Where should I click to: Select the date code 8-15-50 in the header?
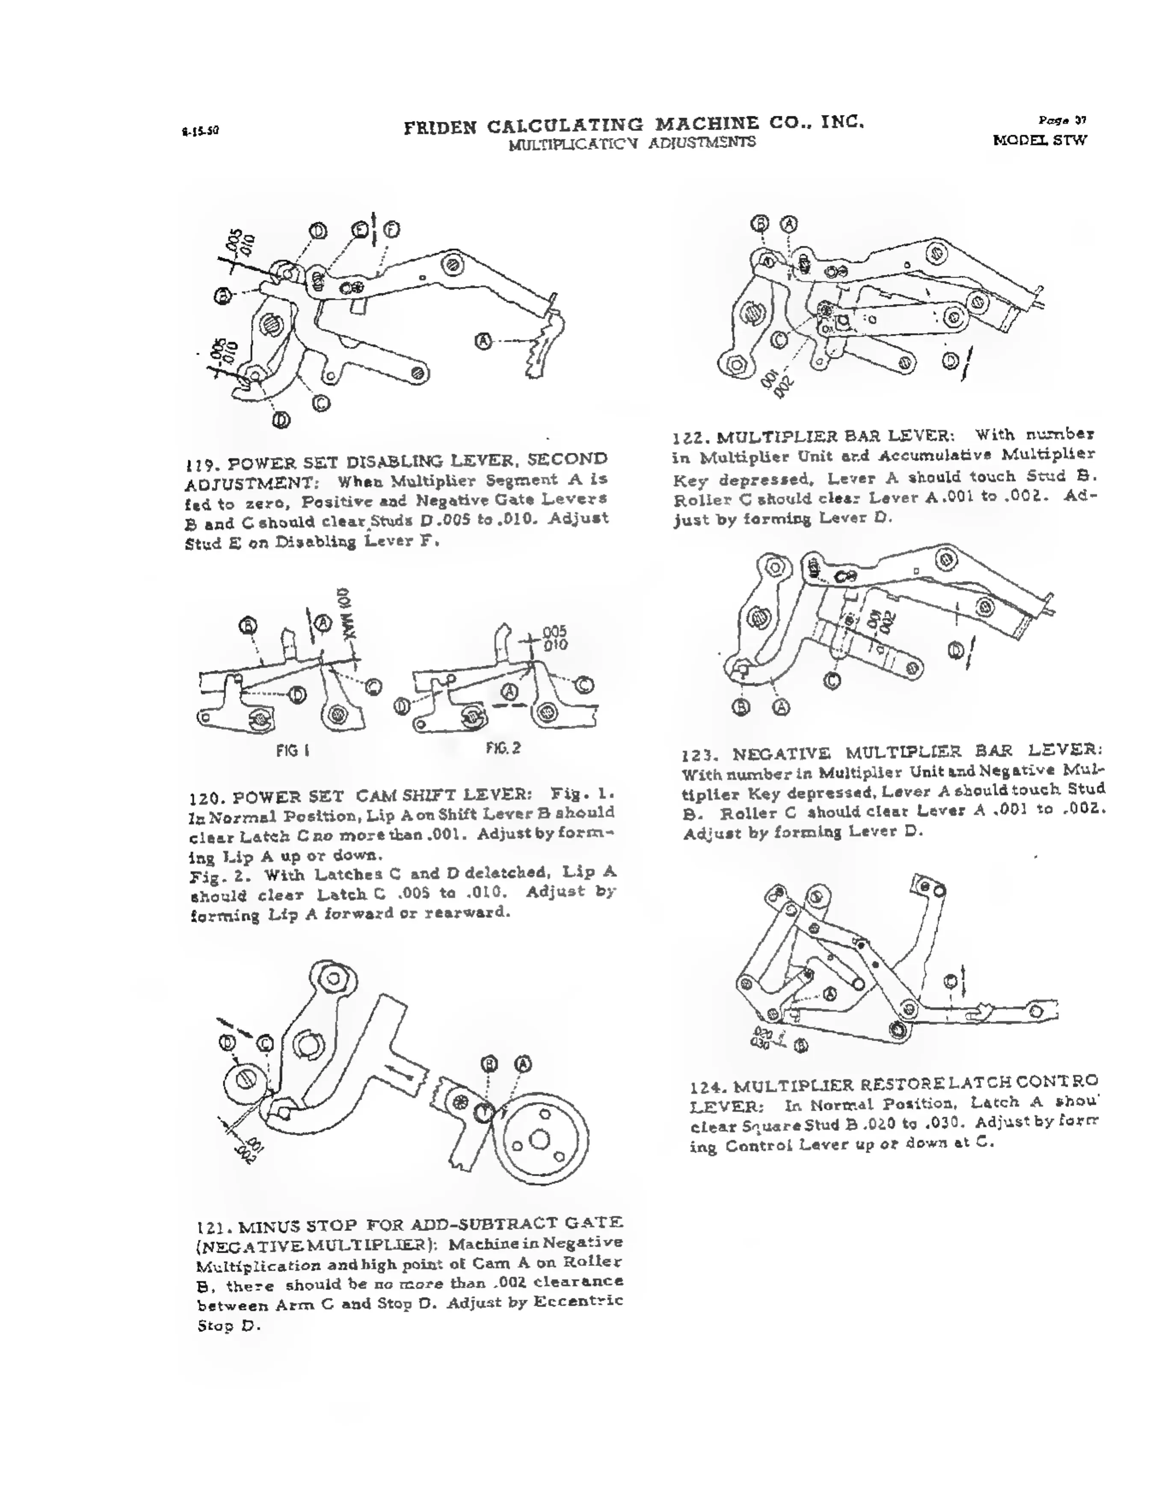(201, 130)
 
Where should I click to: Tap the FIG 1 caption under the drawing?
(292, 750)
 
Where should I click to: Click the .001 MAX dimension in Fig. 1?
(345, 617)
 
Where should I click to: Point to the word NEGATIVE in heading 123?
(782, 754)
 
